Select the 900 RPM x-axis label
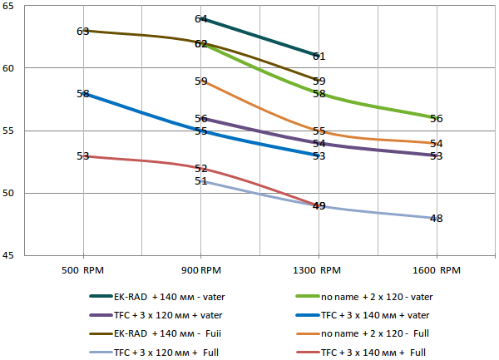pyautogui.click(x=201, y=270)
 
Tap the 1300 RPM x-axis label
pyautogui.click(x=319, y=270)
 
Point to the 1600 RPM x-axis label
pyautogui.click(x=437, y=270)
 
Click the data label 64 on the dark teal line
pyautogui.click(x=201, y=18)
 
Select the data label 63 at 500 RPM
pyautogui.click(x=83, y=31)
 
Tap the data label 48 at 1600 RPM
pyautogui.click(x=437, y=219)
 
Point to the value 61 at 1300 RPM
pyautogui.click(x=319, y=57)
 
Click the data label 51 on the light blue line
pyautogui.click(x=200, y=180)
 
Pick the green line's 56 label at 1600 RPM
pyautogui.click(x=437, y=118)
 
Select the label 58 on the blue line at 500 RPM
pyautogui.click(x=83, y=94)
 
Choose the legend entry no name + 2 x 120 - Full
pyautogui.click(x=378, y=333)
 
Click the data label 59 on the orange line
pyautogui.click(x=201, y=81)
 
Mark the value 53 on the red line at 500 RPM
pyautogui.click(x=83, y=156)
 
